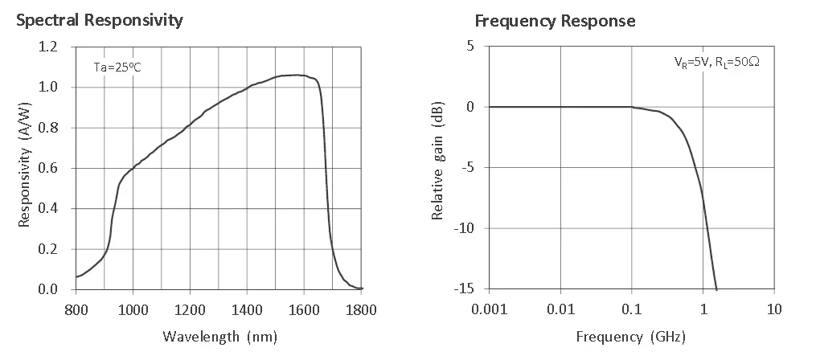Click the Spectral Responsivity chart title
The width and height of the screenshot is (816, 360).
pyautogui.click(x=100, y=20)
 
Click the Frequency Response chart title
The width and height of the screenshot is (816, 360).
pyautogui.click(x=555, y=20)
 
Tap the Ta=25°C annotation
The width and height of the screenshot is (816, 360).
pyautogui.click(x=118, y=67)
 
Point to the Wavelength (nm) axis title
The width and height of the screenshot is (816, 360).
pyautogui.click(x=219, y=336)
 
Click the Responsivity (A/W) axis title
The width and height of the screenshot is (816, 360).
pyautogui.click(x=25, y=168)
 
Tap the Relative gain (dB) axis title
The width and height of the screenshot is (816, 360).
pyautogui.click(x=438, y=167)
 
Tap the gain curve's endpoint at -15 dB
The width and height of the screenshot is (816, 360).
pyautogui.click(x=716, y=288)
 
